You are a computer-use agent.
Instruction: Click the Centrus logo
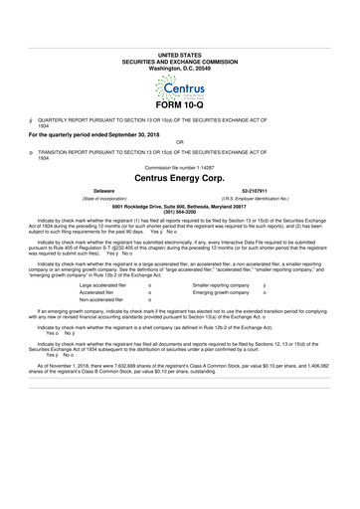point(179,76)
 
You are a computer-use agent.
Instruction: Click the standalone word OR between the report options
point(179,141)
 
